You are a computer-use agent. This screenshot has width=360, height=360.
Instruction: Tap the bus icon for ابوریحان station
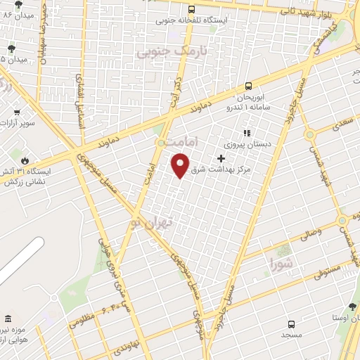[x=248, y=86]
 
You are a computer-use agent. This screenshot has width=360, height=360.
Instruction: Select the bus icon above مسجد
[x=291, y=324]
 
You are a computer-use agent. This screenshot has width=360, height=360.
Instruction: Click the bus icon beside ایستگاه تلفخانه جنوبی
[x=192, y=9]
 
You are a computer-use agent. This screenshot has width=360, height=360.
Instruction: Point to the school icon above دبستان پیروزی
[x=246, y=132]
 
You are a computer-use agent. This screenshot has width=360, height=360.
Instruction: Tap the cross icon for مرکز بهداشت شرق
[x=221, y=159]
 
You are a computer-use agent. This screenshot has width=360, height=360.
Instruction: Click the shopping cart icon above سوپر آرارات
[x=16, y=111]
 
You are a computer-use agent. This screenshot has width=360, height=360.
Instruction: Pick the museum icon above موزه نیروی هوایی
[x=8, y=320]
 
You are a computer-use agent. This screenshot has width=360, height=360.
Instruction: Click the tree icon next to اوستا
[x=352, y=307]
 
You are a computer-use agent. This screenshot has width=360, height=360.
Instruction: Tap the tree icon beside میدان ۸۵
[x=12, y=48]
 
